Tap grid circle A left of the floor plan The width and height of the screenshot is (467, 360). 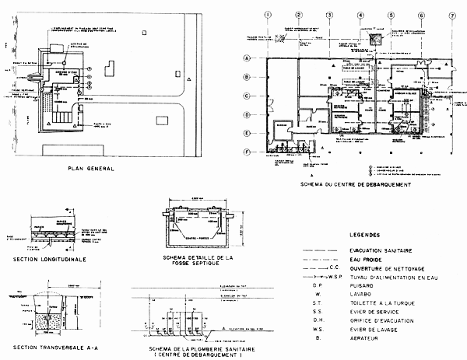tap(247, 58)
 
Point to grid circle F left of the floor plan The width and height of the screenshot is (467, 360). tap(247, 150)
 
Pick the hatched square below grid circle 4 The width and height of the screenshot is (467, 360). tap(374, 39)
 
